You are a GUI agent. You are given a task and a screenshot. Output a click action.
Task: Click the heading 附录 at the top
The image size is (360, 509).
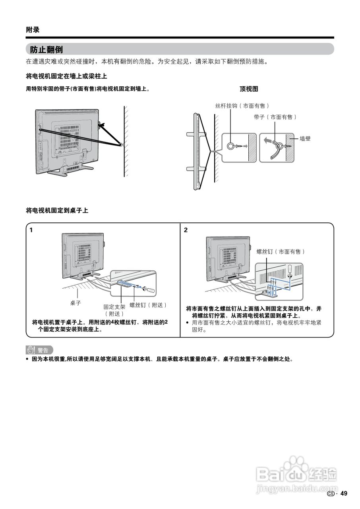[x=33, y=30]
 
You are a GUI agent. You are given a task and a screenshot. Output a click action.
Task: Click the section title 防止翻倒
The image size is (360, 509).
[x=46, y=50]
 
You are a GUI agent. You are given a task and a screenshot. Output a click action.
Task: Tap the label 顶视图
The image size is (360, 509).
[x=249, y=89]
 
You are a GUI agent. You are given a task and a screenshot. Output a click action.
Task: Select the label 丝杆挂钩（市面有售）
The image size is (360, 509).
[x=242, y=106]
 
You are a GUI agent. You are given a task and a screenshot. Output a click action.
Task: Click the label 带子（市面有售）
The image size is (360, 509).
[x=275, y=117]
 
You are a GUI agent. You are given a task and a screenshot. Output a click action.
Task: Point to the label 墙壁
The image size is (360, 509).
[x=305, y=139]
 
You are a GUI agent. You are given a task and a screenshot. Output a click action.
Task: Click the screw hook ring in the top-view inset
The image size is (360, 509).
[x=231, y=146]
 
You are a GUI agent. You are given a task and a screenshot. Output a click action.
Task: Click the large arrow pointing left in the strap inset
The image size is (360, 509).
[x=268, y=140]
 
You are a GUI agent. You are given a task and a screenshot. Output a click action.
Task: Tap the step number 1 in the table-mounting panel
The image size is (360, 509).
[x=31, y=230]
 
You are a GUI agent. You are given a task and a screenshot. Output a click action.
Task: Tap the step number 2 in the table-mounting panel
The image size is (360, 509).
[x=186, y=230]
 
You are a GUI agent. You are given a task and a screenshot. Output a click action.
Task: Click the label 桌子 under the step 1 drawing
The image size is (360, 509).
[x=75, y=303]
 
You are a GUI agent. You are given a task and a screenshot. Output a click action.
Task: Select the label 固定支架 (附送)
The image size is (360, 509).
[x=114, y=310]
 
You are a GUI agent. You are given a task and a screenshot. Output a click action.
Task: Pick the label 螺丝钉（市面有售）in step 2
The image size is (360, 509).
[x=281, y=252]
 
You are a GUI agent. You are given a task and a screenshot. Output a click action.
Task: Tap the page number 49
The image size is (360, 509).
[x=344, y=493]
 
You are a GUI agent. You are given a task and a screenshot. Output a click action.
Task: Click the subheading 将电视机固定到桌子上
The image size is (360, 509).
[x=57, y=210]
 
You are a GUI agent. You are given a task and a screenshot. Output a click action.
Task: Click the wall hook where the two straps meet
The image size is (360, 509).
[x=121, y=145]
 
